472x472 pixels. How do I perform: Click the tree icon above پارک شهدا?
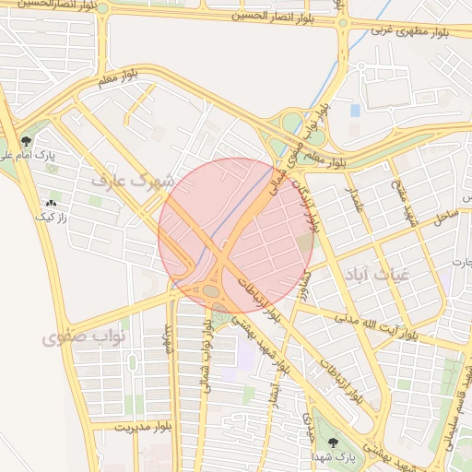click(333, 441)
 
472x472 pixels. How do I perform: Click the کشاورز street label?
click(301, 276)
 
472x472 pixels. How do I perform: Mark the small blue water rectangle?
click(355, 111)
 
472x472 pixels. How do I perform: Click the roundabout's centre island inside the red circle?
click(211, 291)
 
